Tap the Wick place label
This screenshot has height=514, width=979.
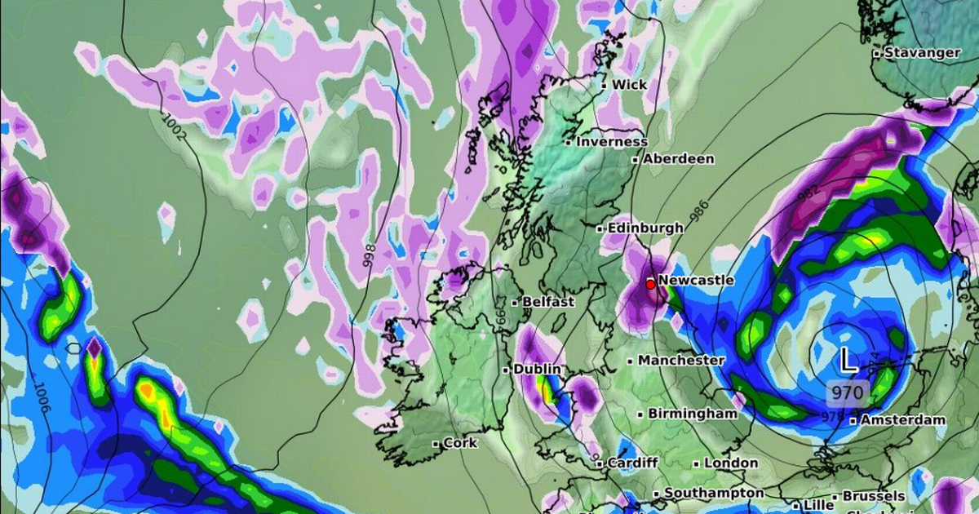[x=629, y=85]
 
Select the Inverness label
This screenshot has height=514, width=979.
[x=611, y=141]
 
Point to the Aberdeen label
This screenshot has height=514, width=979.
[x=678, y=159]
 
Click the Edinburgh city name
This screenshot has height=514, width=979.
[x=645, y=228]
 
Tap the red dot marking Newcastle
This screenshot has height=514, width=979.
[x=650, y=284]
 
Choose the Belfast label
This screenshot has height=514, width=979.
[x=548, y=302]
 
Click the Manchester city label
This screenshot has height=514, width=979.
[x=680, y=360]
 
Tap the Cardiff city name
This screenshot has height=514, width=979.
[x=632, y=463]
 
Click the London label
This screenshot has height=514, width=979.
[x=730, y=463]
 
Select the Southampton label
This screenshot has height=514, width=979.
[x=714, y=494]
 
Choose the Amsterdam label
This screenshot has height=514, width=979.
[x=901, y=420]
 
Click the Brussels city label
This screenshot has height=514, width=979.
[x=874, y=496]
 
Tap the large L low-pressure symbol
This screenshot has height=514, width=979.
[x=848, y=359]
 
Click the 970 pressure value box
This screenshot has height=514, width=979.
[x=847, y=393]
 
